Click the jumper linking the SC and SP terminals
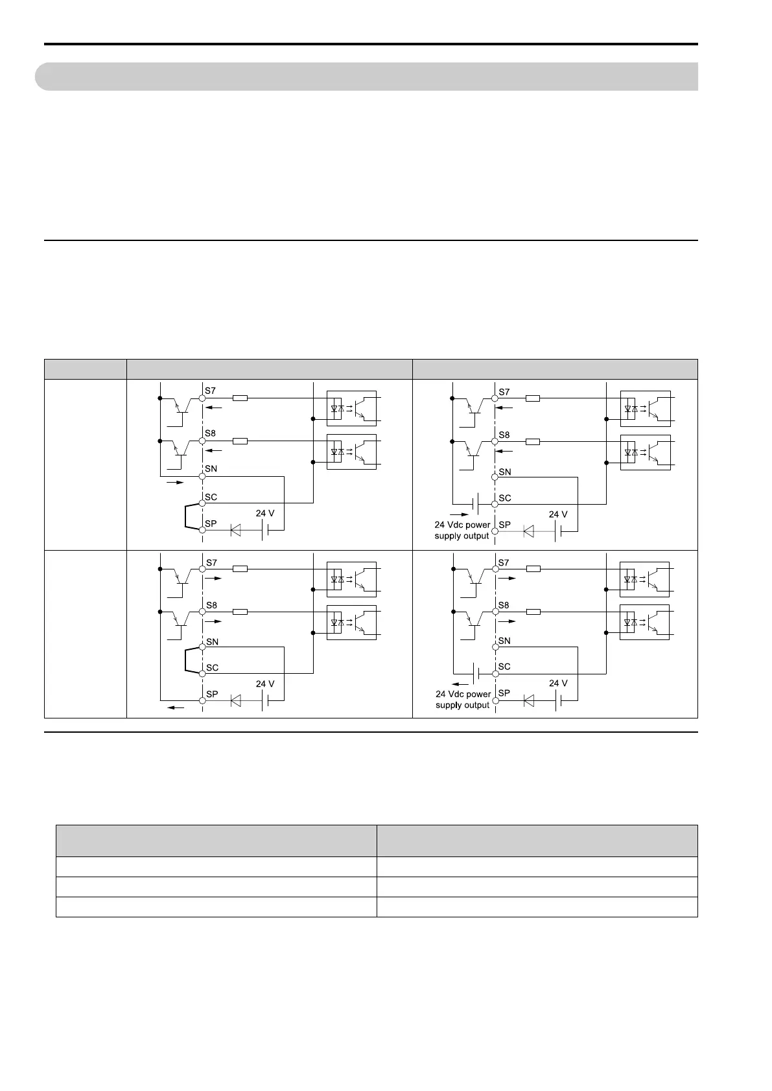[187, 516]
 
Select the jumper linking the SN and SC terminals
[187, 660]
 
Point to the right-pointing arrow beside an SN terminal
[175, 483]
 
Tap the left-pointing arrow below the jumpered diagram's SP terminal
[176, 708]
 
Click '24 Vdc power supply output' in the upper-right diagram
[462, 531]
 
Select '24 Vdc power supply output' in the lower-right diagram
[463, 700]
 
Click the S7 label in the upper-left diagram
[211, 391]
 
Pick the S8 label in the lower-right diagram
[504, 606]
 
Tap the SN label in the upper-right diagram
[505, 472]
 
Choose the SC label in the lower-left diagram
[212, 668]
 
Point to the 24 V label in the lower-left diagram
[265, 684]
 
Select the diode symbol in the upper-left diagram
[235, 531]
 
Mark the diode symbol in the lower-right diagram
[529, 700]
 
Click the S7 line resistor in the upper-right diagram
[533, 398]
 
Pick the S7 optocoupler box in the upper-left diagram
[351, 408]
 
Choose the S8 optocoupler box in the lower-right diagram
[645, 622]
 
